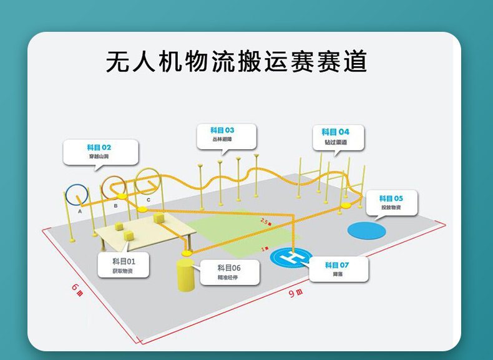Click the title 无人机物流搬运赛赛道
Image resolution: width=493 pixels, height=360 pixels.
click(237, 62)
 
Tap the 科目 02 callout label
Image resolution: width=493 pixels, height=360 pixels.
click(100, 152)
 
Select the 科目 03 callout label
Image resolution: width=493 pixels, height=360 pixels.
click(226, 136)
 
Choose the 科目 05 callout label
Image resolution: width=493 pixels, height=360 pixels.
click(391, 203)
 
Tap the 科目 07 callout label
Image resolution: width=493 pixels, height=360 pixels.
click(337, 269)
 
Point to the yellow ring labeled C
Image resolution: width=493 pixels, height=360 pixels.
click(148, 180)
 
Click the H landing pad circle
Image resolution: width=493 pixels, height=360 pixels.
click(291, 256)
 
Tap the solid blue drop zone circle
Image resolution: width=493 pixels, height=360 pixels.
click(366, 230)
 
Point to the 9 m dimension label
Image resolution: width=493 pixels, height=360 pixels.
click(295, 293)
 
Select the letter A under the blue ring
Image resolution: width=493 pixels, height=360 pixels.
click(80, 212)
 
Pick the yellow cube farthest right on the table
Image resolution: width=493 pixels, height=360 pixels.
click(157, 218)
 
